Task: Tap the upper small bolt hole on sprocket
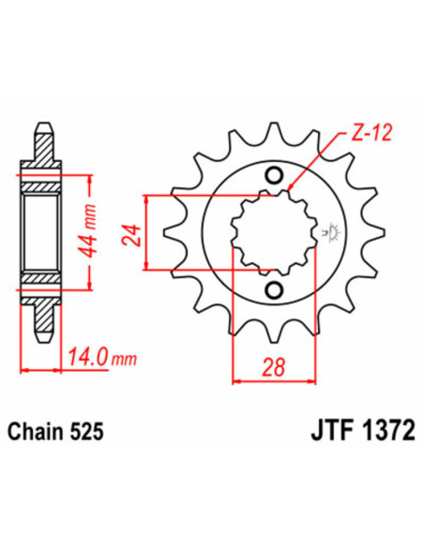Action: (274, 174)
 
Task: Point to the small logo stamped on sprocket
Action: (330, 231)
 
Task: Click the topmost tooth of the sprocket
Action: (272, 134)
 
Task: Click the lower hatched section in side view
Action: (42, 278)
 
